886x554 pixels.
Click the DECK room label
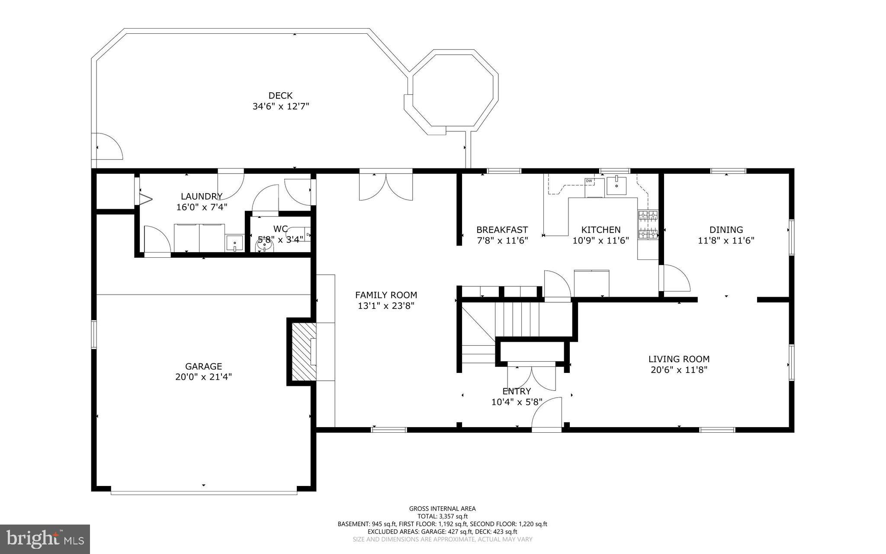tap(280, 96)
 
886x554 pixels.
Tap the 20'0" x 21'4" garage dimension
tap(203, 377)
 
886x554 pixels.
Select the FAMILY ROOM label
tap(386, 295)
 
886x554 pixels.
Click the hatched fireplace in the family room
tap(302, 352)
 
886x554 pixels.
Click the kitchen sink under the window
tap(616, 186)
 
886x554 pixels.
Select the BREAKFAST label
tap(502, 230)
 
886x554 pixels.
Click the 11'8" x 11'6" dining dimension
tap(726, 241)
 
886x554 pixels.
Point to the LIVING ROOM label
tap(678, 359)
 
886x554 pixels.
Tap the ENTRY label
tap(517, 391)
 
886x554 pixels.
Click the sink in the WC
tap(264, 246)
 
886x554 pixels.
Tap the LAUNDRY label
tap(202, 196)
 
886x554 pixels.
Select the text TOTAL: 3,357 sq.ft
tap(442, 516)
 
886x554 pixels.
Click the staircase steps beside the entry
tap(517, 318)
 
